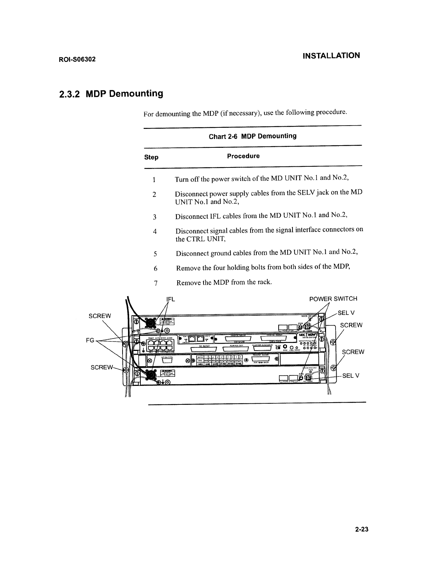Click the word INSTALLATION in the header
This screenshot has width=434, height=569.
click(x=332, y=56)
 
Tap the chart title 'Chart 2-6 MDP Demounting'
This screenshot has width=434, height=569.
click(x=252, y=136)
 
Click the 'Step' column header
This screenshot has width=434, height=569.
click(x=151, y=157)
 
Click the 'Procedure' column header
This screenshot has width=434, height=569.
click(x=243, y=156)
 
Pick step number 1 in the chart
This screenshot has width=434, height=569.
click(x=154, y=179)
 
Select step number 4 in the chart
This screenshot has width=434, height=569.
click(x=155, y=232)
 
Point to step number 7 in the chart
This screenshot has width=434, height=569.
click(x=156, y=283)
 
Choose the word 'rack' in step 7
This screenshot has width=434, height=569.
click(x=263, y=282)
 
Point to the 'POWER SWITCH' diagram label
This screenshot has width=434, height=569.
click(x=333, y=299)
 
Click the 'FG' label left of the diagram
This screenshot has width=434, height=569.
click(x=90, y=340)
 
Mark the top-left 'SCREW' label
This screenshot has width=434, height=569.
click(x=100, y=316)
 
